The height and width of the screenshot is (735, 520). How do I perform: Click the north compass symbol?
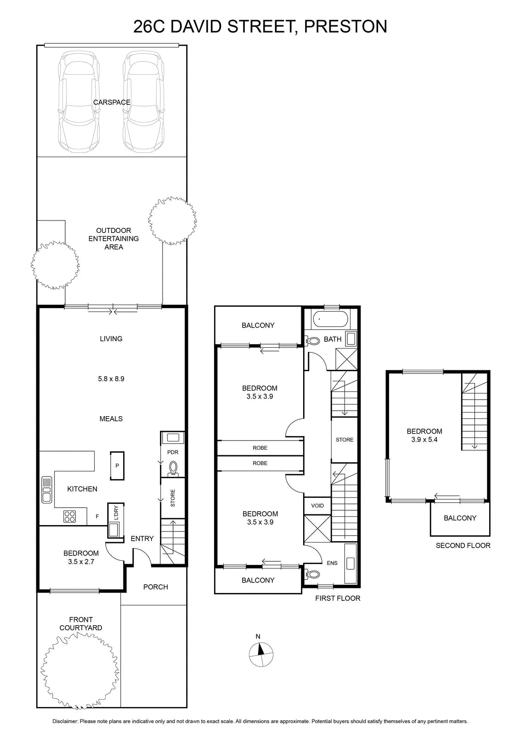click(261, 654)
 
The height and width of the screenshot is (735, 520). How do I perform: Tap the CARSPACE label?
click(112, 102)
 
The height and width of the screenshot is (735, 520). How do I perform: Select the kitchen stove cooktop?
click(69, 516)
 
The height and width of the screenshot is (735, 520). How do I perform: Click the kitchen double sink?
click(46, 490)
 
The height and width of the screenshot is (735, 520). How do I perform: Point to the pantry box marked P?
click(117, 466)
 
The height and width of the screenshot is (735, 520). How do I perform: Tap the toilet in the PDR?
click(173, 469)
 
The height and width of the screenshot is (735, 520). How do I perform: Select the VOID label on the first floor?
click(317, 506)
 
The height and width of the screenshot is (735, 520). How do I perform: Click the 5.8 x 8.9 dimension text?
click(111, 379)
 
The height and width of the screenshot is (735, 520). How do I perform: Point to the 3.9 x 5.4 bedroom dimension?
click(424, 439)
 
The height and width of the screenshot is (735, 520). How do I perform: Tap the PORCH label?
click(156, 587)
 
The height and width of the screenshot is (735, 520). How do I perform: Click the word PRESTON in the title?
click(345, 26)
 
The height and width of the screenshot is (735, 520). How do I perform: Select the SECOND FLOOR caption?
click(463, 545)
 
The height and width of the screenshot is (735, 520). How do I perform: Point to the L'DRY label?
click(116, 513)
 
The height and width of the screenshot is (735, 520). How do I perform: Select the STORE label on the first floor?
click(345, 439)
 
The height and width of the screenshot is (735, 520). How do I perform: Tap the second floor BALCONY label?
click(460, 518)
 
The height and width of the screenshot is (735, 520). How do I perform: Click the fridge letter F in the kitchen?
click(97, 516)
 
